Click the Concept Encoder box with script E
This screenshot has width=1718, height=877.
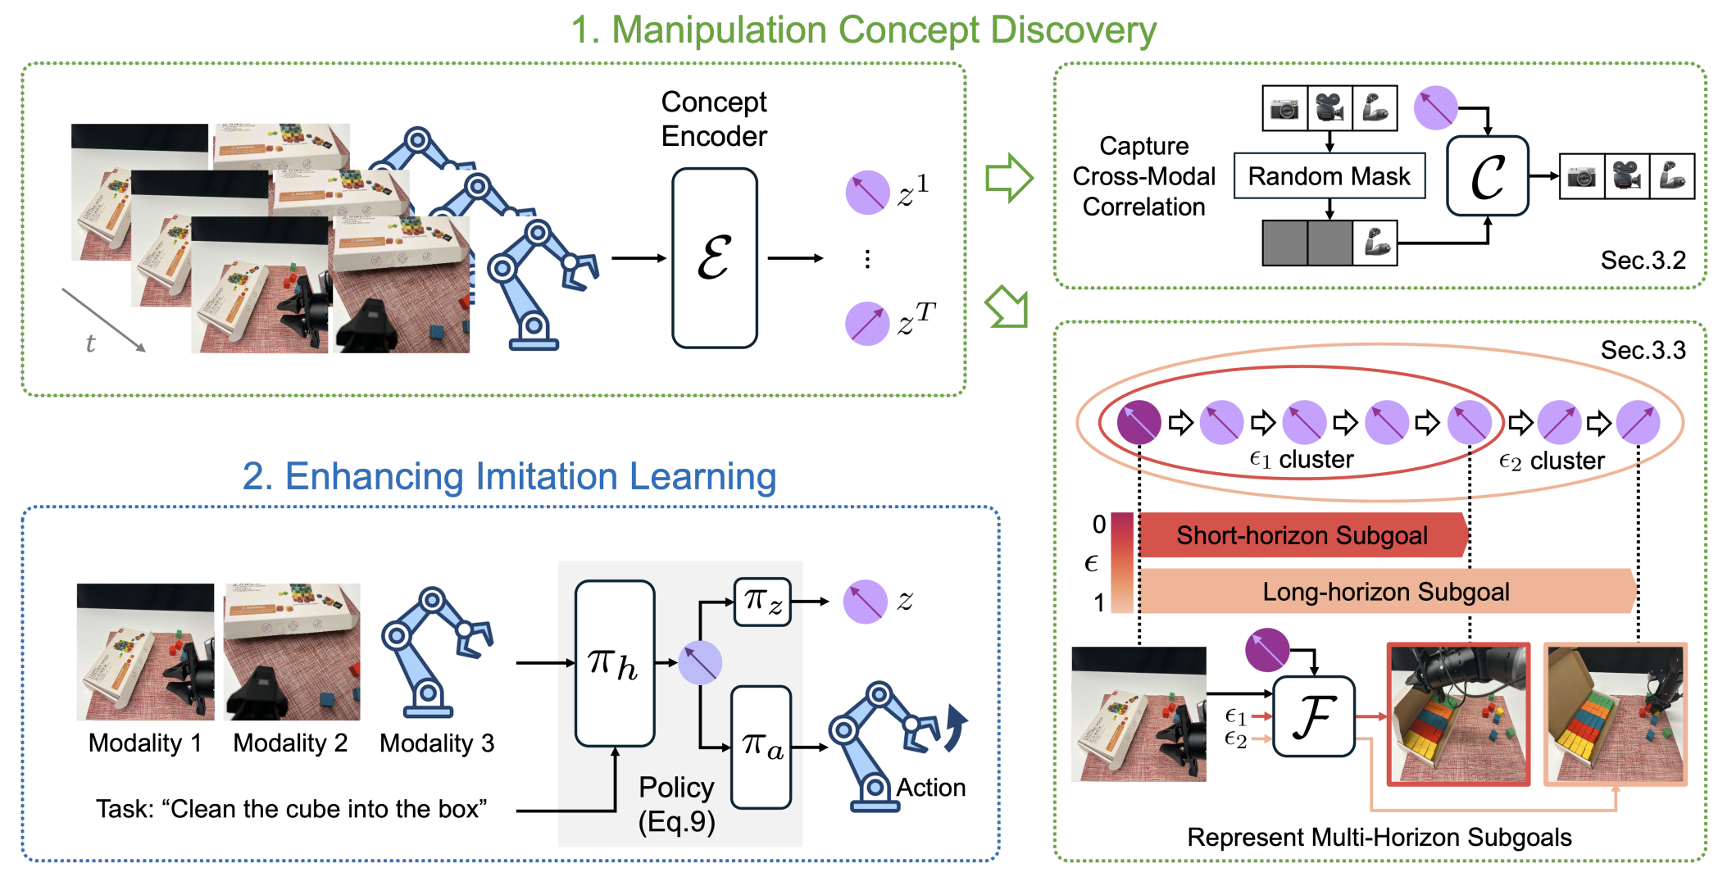tap(714, 258)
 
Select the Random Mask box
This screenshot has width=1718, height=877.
tap(1329, 176)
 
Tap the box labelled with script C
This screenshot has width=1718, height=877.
tap(1487, 176)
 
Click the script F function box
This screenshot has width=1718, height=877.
tap(1313, 716)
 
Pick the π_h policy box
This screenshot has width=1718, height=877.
tap(615, 663)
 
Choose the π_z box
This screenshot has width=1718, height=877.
tap(762, 602)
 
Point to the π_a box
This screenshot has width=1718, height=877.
tap(761, 747)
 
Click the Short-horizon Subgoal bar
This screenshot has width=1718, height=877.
tap(1302, 536)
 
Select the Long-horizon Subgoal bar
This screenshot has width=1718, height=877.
tap(1385, 592)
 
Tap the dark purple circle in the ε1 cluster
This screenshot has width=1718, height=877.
tap(1139, 423)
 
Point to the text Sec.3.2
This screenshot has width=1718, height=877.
tap(1643, 261)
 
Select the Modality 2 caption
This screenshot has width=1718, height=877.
tap(290, 743)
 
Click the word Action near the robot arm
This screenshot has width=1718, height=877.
tap(930, 788)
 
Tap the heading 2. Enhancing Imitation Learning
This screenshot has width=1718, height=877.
tap(509, 476)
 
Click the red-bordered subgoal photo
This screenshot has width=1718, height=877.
tap(1457, 714)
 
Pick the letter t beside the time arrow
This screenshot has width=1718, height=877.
tap(90, 343)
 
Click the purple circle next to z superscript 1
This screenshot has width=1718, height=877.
tap(867, 193)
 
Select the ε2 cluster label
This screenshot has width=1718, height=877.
tap(1551, 461)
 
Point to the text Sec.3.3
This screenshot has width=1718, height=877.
tap(1643, 350)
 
